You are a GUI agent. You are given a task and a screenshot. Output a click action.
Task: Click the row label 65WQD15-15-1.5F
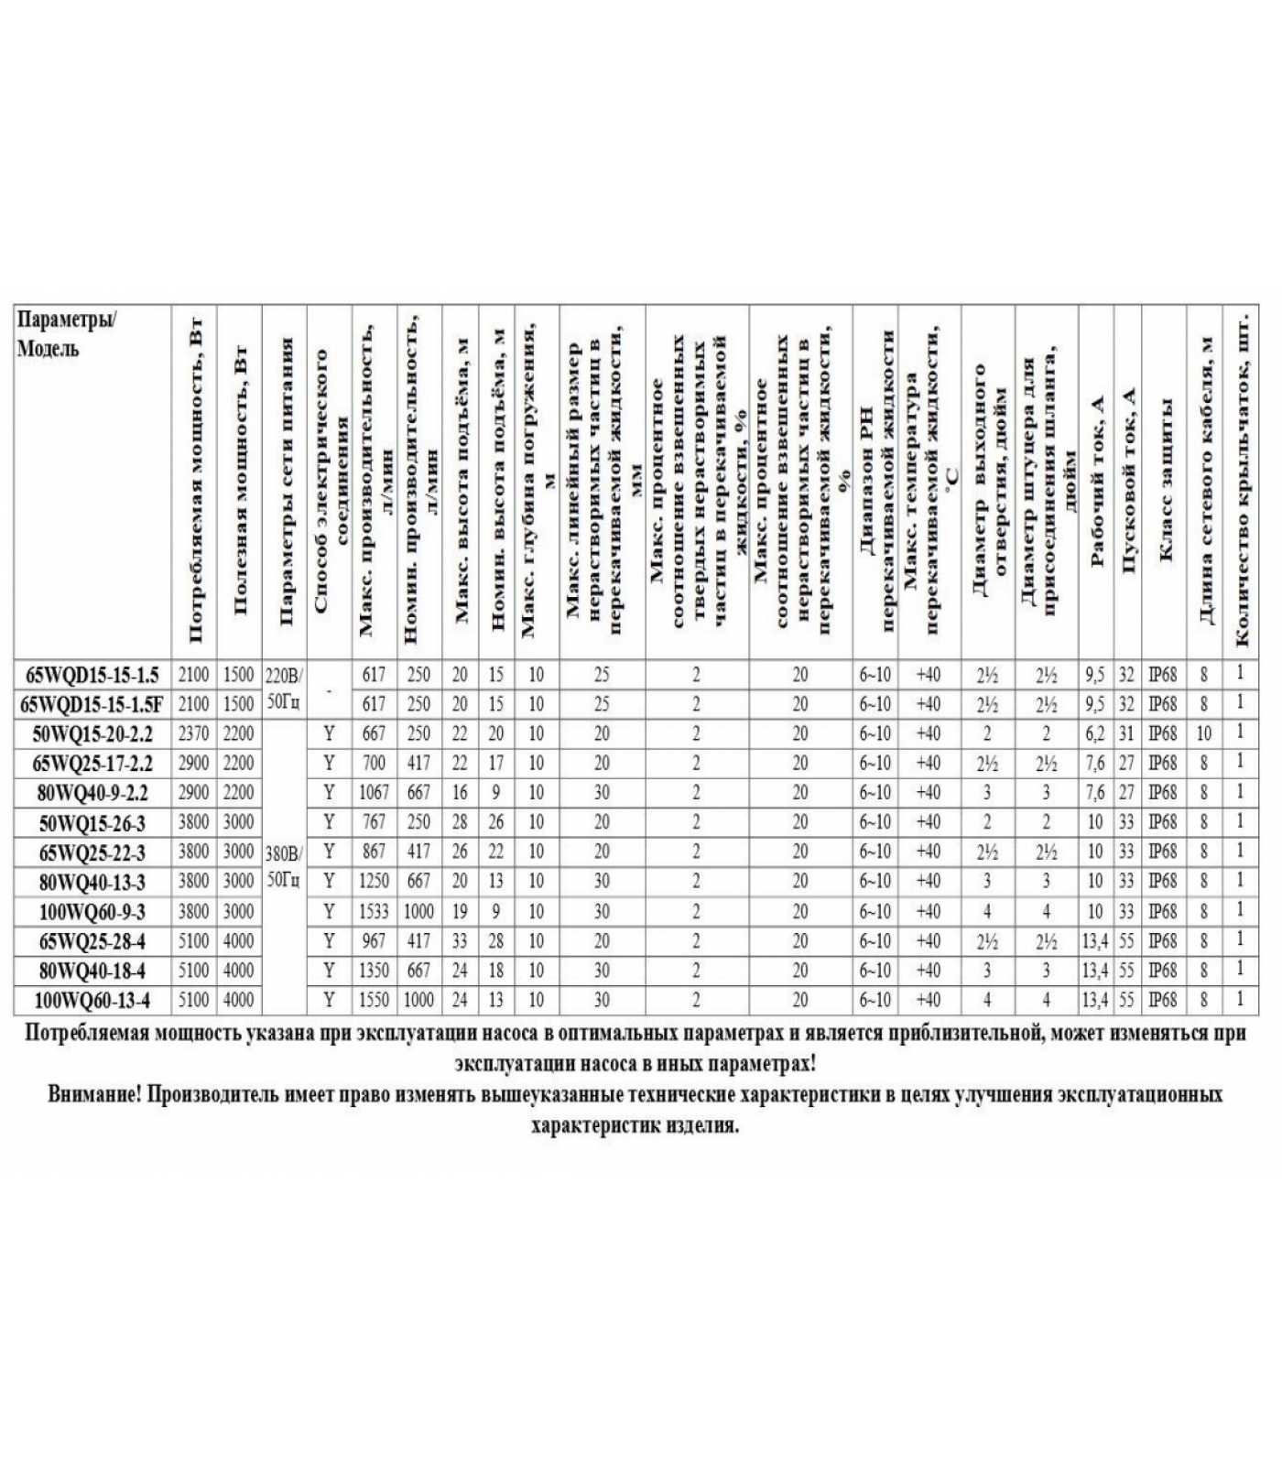click(x=92, y=704)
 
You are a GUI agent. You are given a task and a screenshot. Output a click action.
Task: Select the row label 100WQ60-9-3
click(x=92, y=912)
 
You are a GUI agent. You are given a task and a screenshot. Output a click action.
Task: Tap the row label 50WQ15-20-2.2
click(x=92, y=734)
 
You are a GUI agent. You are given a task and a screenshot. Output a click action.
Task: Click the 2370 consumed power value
click(x=193, y=734)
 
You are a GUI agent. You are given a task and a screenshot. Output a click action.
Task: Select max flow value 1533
click(x=375, y=912)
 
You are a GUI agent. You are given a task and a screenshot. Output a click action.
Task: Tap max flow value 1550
click(x=375, y=1000)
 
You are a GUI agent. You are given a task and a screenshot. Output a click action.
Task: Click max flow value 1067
click(x=375, y=793)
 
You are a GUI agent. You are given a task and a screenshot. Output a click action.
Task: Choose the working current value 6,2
click(x=1094, y=734)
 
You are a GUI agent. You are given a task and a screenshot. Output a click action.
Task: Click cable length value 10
click(x=1203, y=734)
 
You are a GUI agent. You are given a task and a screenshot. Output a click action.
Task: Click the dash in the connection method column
click(x=329, y=689)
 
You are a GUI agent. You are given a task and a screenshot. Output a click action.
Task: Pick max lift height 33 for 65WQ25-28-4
click(x=460, y=941)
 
